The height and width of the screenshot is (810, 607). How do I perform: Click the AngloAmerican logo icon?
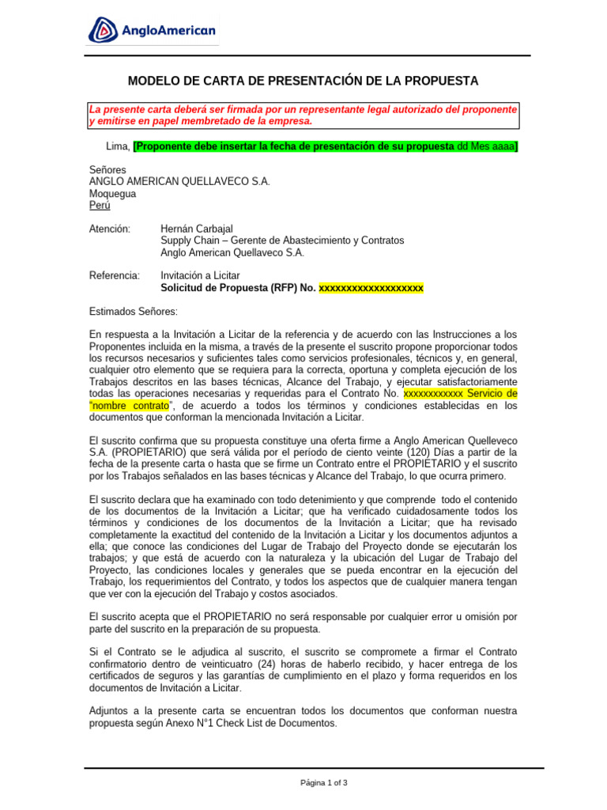pyautogui.click(x=104, y=30)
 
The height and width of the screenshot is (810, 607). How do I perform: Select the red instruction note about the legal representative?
pyautogui.click(x=303, y=115)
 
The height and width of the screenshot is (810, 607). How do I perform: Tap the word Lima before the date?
pyautogui.click(x=117, y=147)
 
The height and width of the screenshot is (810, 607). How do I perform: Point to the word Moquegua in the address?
pyautogui.click(x=113, y=193)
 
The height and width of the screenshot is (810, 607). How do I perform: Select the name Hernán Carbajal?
pyautogui.click(x=198, y=229)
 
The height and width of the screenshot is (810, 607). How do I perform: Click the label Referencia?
pyautogui.click(x=115, y=275)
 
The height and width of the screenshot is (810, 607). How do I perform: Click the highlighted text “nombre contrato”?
pyautogui.click(x=130, y=405)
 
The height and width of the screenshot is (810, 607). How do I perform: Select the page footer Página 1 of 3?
pyautogui.click(x=324, y=783)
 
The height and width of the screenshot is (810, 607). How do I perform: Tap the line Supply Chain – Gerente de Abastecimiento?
pyautogui.click(x=282, y=240)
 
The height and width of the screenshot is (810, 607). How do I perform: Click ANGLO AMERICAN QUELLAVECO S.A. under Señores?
pyautogui.click(x=180, y=181)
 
